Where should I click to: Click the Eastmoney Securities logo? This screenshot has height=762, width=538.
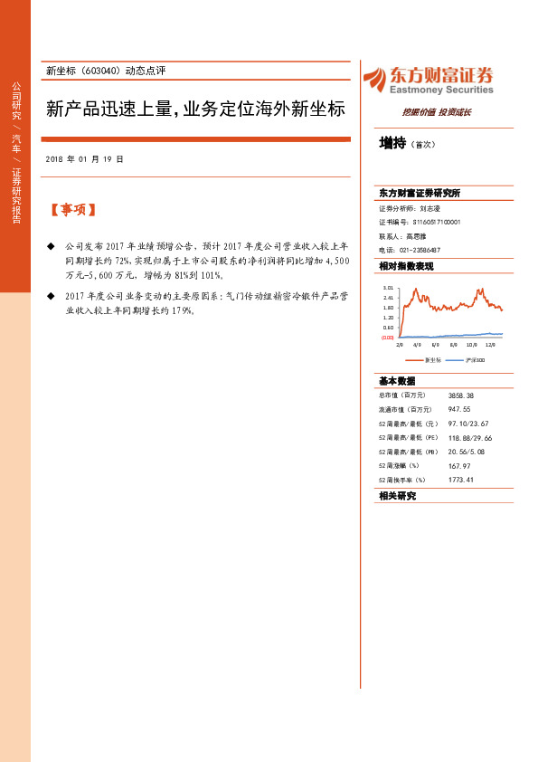pos(428,81)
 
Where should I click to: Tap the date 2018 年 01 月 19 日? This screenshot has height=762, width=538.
pos(83,159)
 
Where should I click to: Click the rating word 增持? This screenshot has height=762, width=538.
pos(392,143)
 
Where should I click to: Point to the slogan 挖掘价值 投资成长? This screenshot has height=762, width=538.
pos(437,112)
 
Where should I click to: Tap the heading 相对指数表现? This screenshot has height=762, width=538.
pos(407,266)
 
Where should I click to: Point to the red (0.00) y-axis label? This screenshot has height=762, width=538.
pos(387,337)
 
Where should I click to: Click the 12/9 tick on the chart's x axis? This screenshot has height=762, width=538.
pos(490,345)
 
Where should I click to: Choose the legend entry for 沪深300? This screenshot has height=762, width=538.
pos(473,359)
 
